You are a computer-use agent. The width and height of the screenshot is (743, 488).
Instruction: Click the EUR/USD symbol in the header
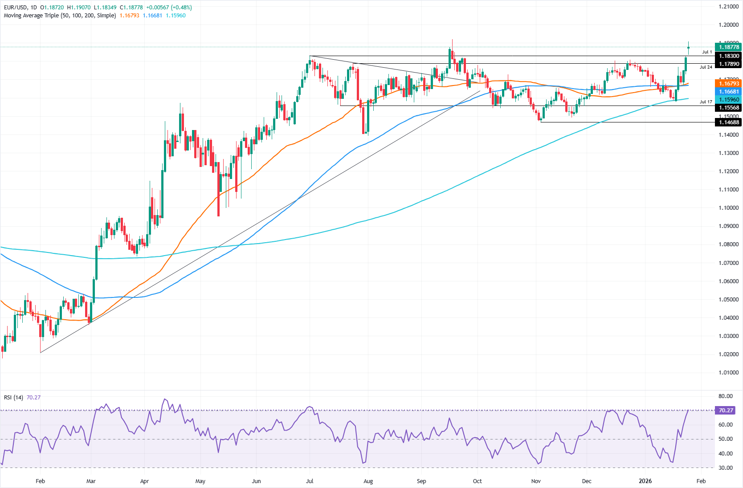point(16,8)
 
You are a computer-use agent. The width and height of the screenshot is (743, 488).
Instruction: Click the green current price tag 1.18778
point(728,47)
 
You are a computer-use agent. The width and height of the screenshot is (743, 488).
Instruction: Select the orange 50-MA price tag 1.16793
point(728,84)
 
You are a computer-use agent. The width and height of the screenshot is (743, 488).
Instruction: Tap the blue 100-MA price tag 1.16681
point(728,92)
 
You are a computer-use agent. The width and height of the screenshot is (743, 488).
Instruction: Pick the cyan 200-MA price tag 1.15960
point(728,100)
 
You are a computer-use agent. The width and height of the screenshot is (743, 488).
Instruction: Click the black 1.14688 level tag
point(728,122)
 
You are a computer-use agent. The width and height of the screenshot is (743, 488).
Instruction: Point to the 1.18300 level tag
point(728,56)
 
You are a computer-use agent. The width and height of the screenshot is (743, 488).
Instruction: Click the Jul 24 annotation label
point(706,67)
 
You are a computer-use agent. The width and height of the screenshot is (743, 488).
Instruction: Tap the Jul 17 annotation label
point(706,102)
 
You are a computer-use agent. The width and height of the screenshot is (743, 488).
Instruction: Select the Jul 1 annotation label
point(707,52)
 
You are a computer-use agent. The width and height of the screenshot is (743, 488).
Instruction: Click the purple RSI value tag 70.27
point(726,411)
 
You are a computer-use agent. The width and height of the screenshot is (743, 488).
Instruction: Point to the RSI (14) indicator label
point(13,397)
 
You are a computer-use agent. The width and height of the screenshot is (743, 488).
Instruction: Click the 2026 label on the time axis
point(645,481)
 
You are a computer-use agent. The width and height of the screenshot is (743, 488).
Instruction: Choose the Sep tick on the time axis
point(421,481)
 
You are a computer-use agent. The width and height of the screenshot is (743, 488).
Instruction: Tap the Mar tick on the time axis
point(91,481)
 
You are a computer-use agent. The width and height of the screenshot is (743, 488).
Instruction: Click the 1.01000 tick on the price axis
point(728,373)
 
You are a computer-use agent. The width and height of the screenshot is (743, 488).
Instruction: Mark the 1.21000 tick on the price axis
point(728,7)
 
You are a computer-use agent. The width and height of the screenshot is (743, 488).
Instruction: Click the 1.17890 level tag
point(728,64)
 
